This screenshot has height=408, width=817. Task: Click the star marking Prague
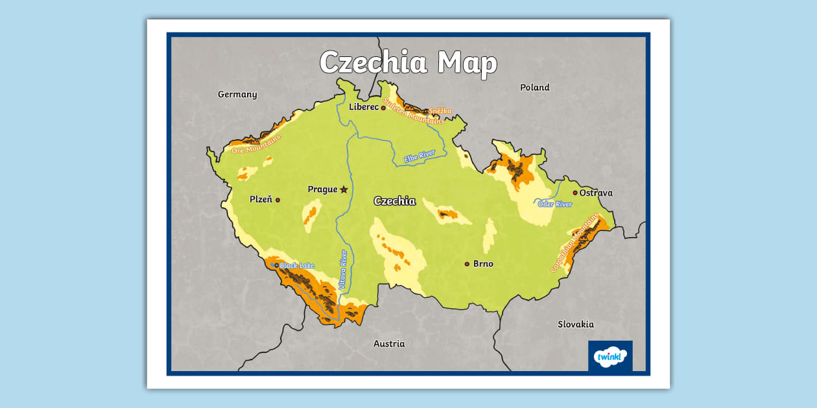(x=344, y=190)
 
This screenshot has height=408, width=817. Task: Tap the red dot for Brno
(x=467, y=264)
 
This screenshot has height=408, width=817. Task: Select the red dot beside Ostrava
(x=575, y=192)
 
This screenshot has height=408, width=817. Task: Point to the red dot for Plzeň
(x=278, y=200)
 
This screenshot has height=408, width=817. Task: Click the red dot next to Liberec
(x=383, y=108)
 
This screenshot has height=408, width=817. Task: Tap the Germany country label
(x=237, y=95)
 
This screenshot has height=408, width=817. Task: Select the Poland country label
(x=535, y=87)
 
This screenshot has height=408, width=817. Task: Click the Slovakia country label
(x=576, y=324)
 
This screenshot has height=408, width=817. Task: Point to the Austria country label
(x=389, y=344)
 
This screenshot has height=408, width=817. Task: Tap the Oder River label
(x=555, y=204)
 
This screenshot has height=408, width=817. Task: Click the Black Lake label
(x=297, y=266)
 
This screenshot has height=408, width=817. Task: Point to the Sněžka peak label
(x=440, y=111)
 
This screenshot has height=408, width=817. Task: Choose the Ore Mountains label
(x=257, y=145)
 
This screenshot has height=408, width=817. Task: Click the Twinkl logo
(x=610, y=356)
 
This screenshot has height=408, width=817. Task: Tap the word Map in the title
(x=467, y=63)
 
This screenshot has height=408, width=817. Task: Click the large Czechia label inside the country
(x=395, y=201)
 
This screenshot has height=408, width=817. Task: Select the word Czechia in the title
(x=373, y=63)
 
